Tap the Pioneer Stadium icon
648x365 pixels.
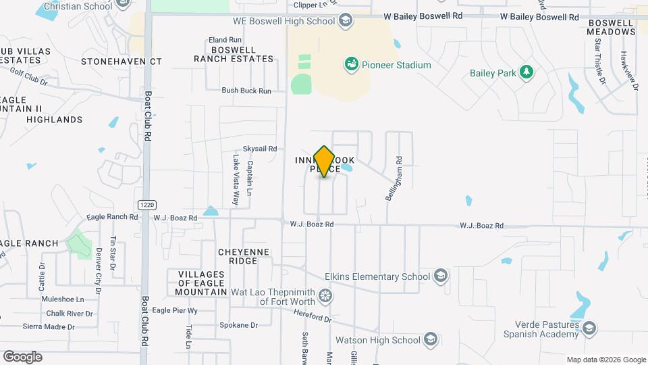(x=351, y=65)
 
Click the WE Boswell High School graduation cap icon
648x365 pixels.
(x=346, y=21)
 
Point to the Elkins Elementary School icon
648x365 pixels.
(x=440, y=276)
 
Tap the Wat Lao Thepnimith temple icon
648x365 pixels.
(x=325, y=296)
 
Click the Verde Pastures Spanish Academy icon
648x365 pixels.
(x=589, y=329)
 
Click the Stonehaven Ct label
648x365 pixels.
(x=122, y=62)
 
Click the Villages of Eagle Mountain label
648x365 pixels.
(x=202, y=283)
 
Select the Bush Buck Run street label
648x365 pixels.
(x=246, y=91)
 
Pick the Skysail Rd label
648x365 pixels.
(x=260, y=149)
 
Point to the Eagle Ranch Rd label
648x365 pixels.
(x=112, y=218)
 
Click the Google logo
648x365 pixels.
(x=22, y=357)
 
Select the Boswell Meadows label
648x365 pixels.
(x=611, y=26)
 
